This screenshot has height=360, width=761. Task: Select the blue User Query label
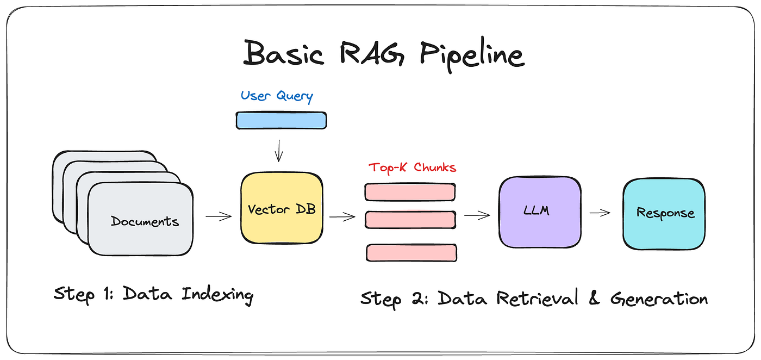click(x=277, y=96)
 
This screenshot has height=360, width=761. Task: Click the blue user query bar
click(x=282, y=120)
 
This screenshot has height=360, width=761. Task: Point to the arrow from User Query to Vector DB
click(x=279, y=150)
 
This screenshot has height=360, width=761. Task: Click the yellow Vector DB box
click(x=282, y=209)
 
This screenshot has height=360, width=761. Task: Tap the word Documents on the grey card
click(x=145, y=221)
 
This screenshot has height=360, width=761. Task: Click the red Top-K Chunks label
click(x=412, y=167)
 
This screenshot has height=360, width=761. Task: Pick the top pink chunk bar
click(x=410, y=192)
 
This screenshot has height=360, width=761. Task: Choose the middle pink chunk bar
click(x=410, y=219)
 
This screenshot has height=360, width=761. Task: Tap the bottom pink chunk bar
click(x=411, y=252)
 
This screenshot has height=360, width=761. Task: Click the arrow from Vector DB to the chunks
click(x=342, y=217)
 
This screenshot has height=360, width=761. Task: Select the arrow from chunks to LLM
click(x=477, y=216)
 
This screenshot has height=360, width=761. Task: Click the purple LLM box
click(x=539, y=212)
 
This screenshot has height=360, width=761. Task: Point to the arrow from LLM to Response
click(x=600, y=213)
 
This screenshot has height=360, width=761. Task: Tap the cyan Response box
click(x=664, y=213)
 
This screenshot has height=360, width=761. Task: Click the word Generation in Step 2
click(x=659, y=298)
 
